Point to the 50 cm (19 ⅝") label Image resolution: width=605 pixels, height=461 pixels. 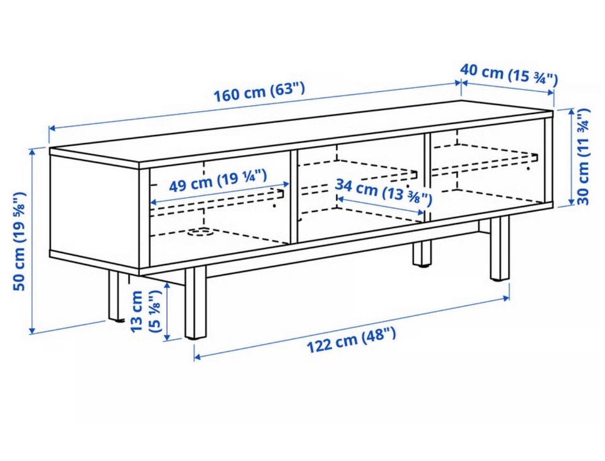click(20, 241)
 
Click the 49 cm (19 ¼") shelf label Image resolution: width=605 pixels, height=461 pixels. click(218, 181)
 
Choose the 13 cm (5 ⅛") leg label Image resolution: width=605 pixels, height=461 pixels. click(145, 312)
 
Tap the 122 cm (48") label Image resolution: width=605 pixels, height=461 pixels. click(351, 339)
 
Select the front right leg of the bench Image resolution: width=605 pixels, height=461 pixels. click(500, 248)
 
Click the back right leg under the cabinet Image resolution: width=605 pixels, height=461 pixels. click(422, 253)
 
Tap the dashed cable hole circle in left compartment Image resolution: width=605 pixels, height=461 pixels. click(200, 232)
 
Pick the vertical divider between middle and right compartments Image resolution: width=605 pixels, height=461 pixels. click(427, 178)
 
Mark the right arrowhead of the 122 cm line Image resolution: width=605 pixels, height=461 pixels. click(506, 297)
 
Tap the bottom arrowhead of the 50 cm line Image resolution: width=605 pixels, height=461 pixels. click(32, 331)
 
